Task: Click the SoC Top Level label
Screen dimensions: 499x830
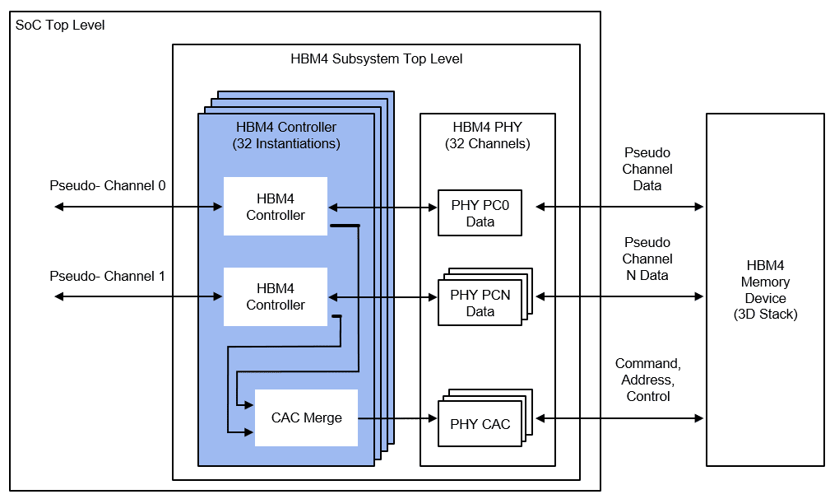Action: pos(60,26)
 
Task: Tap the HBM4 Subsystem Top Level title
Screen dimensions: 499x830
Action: pos(376,58)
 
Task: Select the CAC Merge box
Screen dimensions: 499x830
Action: pos(306,417)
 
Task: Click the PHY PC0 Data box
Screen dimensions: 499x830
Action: pos(480,213)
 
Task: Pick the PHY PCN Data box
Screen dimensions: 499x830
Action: pos(480,302)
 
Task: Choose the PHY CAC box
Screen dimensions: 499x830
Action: pos(480,424)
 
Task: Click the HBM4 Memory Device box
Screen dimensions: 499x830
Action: pos(765,290)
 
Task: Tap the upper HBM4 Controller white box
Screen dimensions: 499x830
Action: pos(276,206)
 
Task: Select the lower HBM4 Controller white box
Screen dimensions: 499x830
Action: pos(276,296)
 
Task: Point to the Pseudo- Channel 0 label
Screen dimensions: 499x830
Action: pos(108,185)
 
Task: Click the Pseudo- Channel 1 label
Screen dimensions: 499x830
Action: pos(108,276)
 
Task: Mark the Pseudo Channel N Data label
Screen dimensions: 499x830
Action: pos(647,259)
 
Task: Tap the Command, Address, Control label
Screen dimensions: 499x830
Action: pos(647,380)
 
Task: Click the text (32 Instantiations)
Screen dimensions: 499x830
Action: pos(286,143)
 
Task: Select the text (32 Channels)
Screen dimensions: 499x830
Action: pos(488,143)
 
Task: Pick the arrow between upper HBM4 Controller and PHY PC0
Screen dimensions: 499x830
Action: pos(383,207)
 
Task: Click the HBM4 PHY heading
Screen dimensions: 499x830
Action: pos(488,127)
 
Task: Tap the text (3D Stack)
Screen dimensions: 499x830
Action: pos(765,314)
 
